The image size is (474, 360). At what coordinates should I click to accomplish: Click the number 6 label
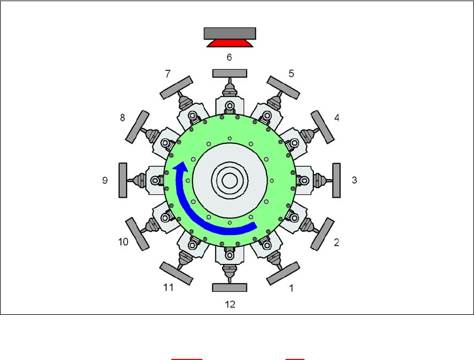coord(229,57)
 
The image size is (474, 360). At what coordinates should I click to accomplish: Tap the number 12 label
coord(230,304)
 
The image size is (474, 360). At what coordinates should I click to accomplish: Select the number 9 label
coord(105,180)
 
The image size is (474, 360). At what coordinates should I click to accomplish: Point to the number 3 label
coord(354,180)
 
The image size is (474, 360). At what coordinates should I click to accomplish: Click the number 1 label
coord(291,288)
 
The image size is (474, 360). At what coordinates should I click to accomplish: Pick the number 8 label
coord(122,117)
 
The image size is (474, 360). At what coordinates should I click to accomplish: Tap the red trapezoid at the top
coord(230,44)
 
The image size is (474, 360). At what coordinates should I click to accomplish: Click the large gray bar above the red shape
coord(230,33)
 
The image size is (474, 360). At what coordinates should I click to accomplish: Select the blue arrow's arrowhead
coord(180,167)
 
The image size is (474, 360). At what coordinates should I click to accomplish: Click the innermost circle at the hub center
coord(230,180)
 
